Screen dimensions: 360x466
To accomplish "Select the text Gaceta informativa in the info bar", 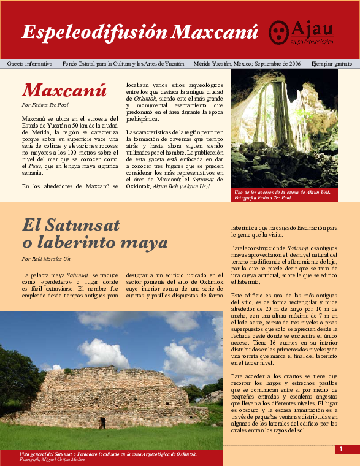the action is (29, 64).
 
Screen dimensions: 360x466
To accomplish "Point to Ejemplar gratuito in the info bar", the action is (331, 64).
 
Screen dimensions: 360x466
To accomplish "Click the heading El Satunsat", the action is (71, 226).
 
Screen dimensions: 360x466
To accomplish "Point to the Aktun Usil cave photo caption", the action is (283, 195).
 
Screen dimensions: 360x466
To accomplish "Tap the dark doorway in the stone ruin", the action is (102, 422).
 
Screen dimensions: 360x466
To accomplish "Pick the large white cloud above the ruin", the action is (104, 353).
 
